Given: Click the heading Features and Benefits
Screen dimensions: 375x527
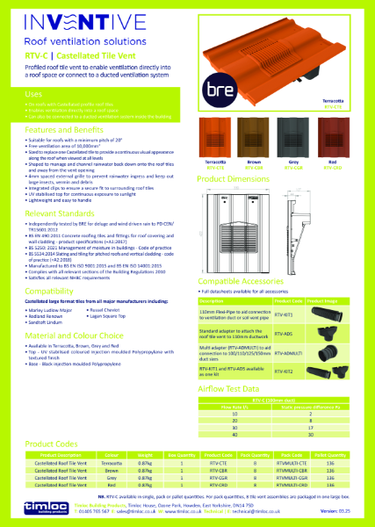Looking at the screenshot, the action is pos(66,129).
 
